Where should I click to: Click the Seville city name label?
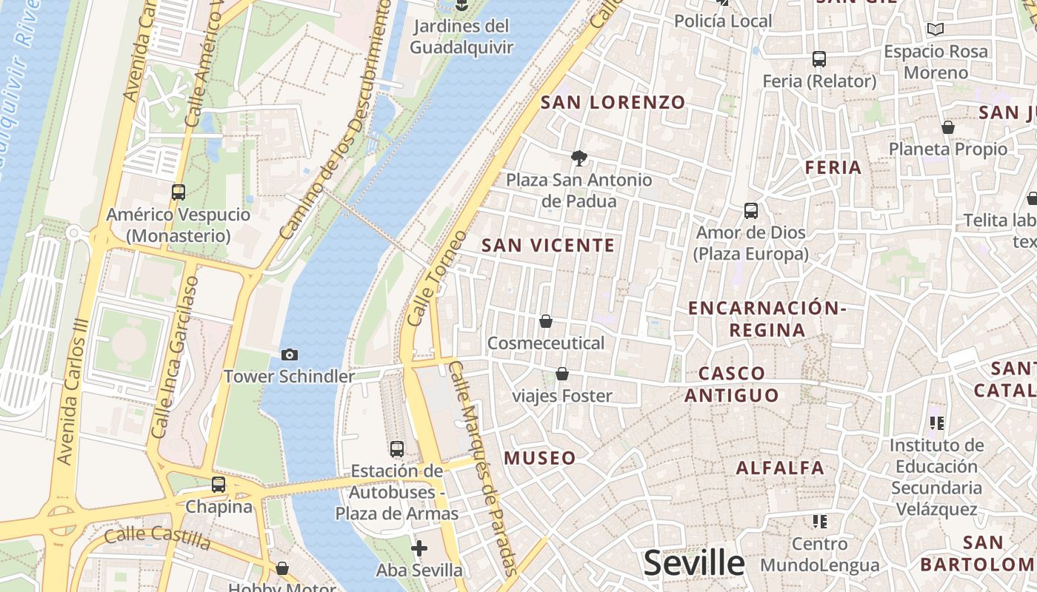point(693,563)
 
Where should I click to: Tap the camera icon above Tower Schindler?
point(290,355)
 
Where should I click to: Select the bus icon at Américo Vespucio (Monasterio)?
point(178,192)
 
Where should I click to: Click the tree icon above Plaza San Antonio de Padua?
point(579,157)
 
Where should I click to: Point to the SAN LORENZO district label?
point(613,103)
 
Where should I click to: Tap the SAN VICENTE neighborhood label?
point(548,246)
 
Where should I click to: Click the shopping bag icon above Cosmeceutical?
point(546,321)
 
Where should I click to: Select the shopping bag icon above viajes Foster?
point(562,374)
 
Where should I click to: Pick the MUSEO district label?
point(540,458)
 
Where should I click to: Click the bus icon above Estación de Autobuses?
point(397,448)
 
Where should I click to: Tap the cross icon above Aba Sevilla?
point(419,548)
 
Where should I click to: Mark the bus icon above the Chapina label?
point(219,485)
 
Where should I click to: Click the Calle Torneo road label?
point(438,279)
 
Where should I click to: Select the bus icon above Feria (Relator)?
point(818,59)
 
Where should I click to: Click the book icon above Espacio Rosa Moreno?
point(936,30)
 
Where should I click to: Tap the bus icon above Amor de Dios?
point(750,211)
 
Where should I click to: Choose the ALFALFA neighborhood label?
point(780,468)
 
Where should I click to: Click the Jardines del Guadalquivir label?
point(461,37)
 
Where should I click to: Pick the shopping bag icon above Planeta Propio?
point(948,127)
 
